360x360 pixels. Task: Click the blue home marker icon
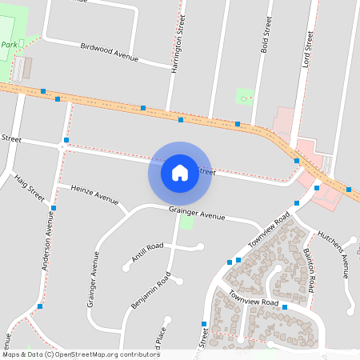(x=180, y=172)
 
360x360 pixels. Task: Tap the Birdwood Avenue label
(x=110, y=52)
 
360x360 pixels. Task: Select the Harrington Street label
(x=178, y=43)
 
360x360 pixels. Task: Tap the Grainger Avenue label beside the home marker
(x=197, y=214)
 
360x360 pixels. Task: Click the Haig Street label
(x=30, y=190)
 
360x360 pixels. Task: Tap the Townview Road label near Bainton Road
(x=253, y=302)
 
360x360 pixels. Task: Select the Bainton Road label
(x=310, y=268)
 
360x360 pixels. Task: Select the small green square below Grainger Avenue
(x=187, y=221)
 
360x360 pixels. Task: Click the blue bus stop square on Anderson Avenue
(x=54, y=208)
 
